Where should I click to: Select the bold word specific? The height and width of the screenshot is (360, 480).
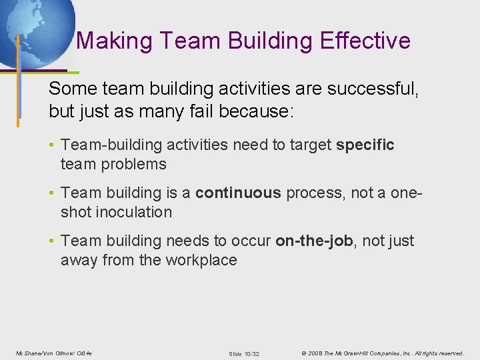(365, 145)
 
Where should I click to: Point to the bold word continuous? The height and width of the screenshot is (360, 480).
(238, 193)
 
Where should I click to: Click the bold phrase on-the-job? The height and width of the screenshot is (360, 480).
(314, 241)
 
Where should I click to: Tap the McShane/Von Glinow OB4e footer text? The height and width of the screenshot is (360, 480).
(53, 352)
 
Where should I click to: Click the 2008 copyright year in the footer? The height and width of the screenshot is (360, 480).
(316, 352)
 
